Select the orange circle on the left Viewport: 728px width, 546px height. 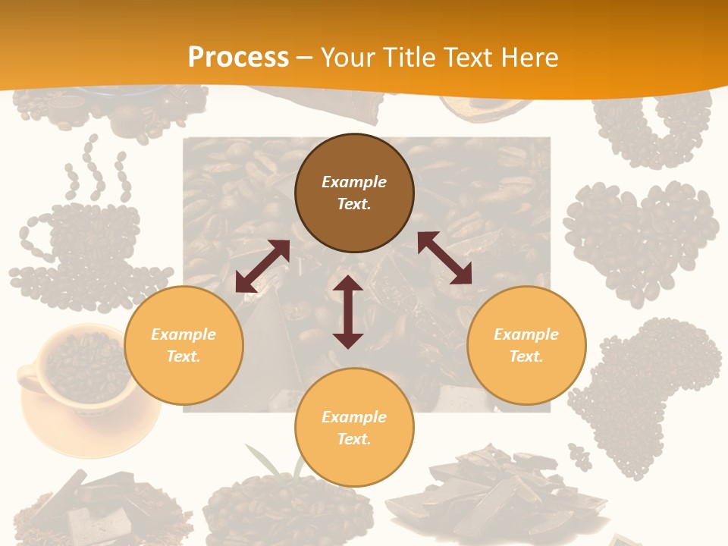click(184, 345)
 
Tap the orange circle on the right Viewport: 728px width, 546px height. click(526, 345)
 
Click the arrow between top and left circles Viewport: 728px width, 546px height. click(262, 265)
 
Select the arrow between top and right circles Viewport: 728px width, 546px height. click(444, 258)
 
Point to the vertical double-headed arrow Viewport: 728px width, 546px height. click(348, 312)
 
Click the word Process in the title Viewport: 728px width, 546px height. click(238, 57)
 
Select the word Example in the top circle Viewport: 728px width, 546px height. click(354, 182)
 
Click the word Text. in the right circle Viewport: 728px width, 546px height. click(526, 356)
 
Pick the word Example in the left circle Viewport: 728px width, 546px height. click(184, 334)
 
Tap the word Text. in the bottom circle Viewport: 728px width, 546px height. click(354, 439)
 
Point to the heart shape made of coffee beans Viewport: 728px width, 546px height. click(641, 235)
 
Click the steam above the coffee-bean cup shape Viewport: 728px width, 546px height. click(95, 171)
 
